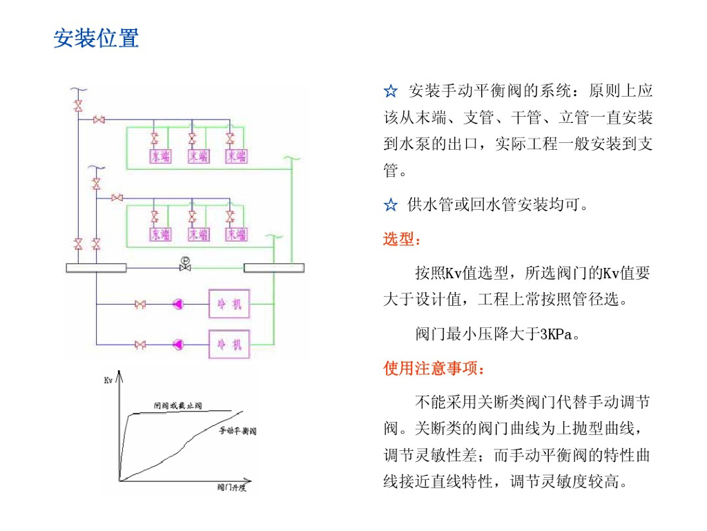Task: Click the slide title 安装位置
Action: tap(97, 38)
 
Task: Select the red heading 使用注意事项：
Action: tap(435, 369)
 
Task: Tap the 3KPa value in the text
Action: tap(556, 335)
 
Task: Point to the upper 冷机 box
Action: tap(229, 304)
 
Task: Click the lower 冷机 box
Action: tap(229, 343)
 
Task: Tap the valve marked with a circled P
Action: tap(185, 264)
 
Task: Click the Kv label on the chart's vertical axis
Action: tap(108, 379)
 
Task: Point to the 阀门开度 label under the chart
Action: tap(231, 488)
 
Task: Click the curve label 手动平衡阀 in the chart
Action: tap(238, 432)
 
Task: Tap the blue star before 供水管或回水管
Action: tap(391, 205)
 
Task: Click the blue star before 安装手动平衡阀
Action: tap(391, 91)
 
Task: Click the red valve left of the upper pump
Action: tap(140, 304)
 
